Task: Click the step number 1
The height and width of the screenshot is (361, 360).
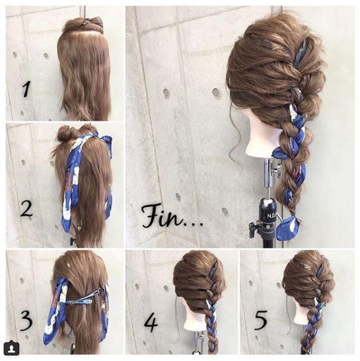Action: [x=26, y=89]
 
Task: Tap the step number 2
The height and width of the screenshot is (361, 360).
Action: [x=26, y=209]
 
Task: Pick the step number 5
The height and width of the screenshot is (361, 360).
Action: [x=261, y=320]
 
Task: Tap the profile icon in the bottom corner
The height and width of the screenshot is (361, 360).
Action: [x=11, y=348]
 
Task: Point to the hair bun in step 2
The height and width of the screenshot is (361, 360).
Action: [x=65, y=133]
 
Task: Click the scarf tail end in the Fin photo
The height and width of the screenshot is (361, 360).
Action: [x=287, y=228]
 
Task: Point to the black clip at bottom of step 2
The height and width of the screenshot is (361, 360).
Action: [x=73, y=241]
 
